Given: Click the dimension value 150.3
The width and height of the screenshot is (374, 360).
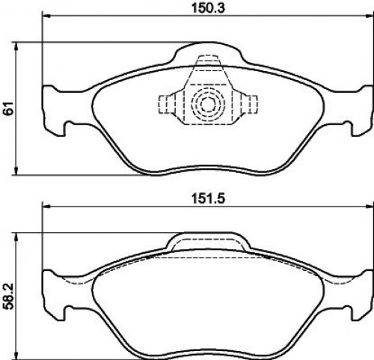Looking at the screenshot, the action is (208, 8).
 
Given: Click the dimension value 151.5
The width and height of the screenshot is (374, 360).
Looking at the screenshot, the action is (208, 198).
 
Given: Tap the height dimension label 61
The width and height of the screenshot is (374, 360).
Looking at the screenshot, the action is (8, 109).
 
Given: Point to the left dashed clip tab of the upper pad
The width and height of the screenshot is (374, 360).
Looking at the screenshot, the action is (167, 104).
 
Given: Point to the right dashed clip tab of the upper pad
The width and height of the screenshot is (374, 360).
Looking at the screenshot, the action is (249, 104).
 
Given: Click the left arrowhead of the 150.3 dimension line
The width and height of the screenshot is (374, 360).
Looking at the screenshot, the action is (46, 16).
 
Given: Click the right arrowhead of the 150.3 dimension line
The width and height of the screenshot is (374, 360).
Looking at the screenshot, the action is (370, 16).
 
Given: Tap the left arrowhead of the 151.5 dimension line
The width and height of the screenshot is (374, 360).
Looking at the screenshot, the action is (46, 207).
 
